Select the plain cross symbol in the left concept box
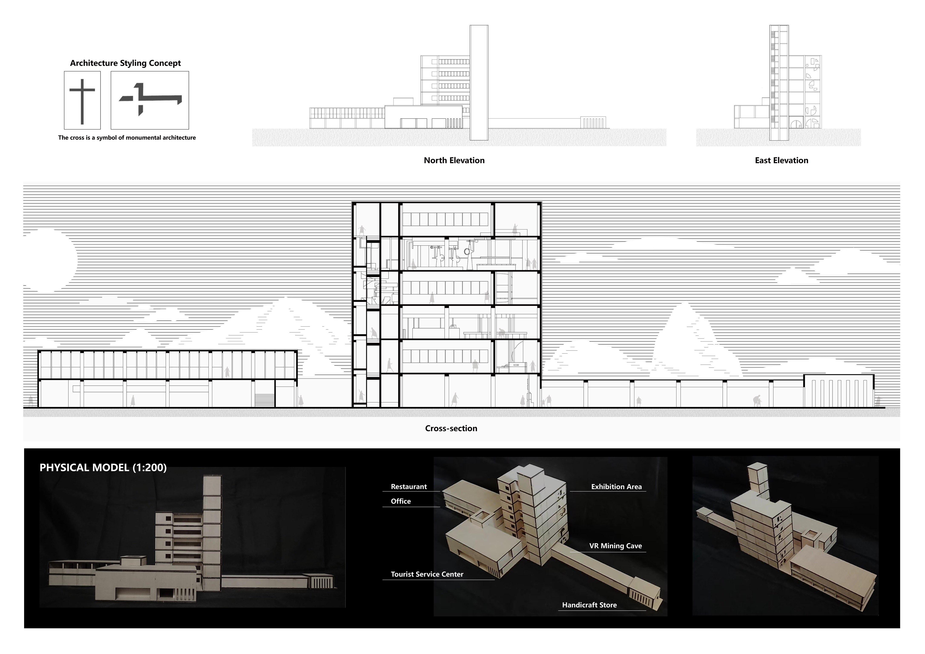(82, 101)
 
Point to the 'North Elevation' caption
(454, 160)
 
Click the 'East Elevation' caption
(781, 160)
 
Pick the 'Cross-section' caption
(451, 428)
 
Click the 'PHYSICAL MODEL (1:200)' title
(103, 467)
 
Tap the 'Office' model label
(401, 501)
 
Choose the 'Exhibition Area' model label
(616, 487)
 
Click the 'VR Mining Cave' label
(615, 546)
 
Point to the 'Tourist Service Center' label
(427, 574)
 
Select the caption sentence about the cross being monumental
(127, 138)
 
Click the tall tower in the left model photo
(212, 528)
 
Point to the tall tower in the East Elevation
(779, 83)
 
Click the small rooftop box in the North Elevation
(403, 102)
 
